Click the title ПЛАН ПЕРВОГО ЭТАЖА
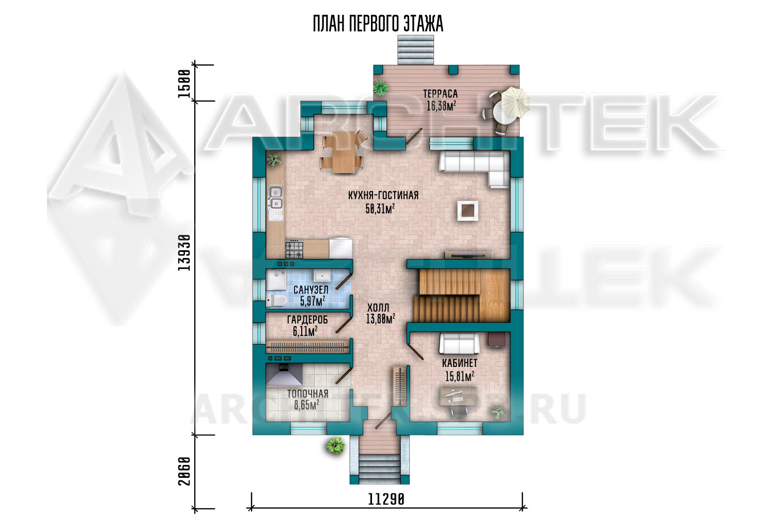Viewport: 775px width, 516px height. pyautogui.click(x=378, y=24)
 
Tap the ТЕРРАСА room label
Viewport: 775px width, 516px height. pyautogui.click(x=440, y=94)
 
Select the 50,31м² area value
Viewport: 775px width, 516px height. pyautogui.click(x=380, y=208)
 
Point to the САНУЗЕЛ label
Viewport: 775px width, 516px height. pyautogui.click(x=311, y=289)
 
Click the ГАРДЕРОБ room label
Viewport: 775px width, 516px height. pyautogui.click(x=307, y=320)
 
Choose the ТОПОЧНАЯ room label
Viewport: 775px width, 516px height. pyautogui.click(x=307, y=394)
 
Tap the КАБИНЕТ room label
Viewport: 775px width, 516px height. pyautogui.click(x=459, y=363)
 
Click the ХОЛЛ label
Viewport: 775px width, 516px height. pyautogui.click(x=378, y=307)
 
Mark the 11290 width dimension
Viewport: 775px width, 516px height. pyautogui.click(x=386, y=499)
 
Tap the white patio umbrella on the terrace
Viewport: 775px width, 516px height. pyautogui.click(x=515, y=102)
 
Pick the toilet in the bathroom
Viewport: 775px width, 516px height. pyautogui.click(x=276, y=300)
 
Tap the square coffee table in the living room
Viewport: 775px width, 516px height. pyautogui.click(x=468, y=211)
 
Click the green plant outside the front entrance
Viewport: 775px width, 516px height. pyautogui.click(x=335, y=445)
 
